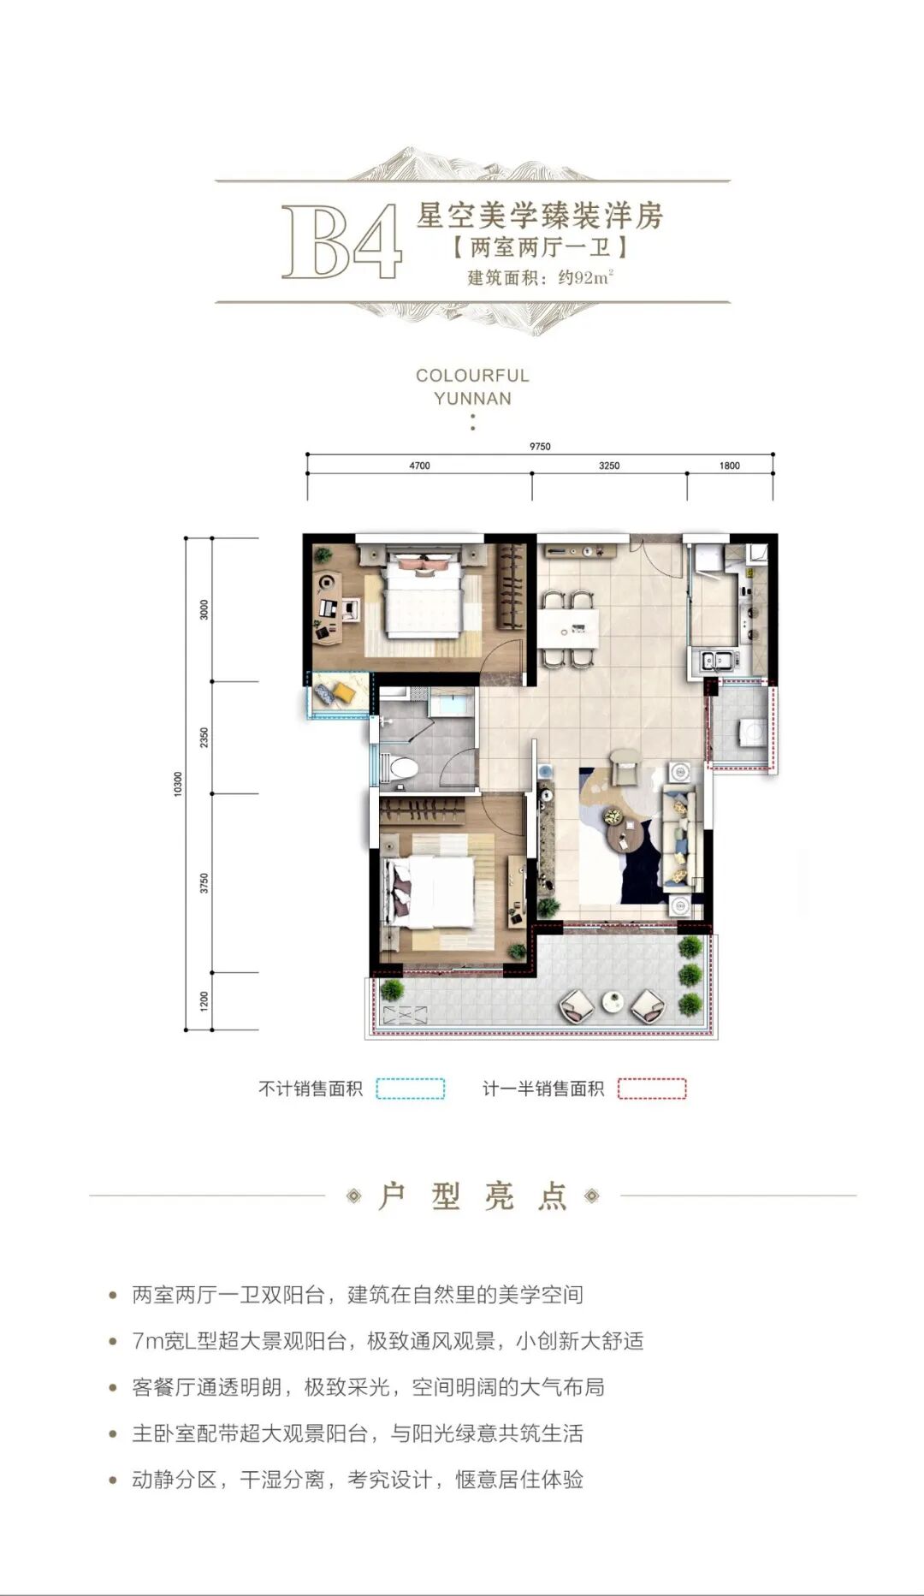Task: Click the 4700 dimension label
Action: click(419, 466)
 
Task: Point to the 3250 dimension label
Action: click(609, 466)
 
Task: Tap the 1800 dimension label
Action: click(729, 466)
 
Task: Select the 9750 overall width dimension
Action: click(540, 446)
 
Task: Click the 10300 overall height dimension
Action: click(178, 783)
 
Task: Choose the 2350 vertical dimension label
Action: click(204, 738)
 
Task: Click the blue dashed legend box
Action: click(411, 1089)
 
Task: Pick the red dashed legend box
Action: click(652, 1089)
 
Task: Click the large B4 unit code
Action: click(341, 241)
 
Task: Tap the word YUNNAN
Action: click(472, 399)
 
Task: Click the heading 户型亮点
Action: click(472, 1196)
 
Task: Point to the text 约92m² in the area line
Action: click(587, 277)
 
